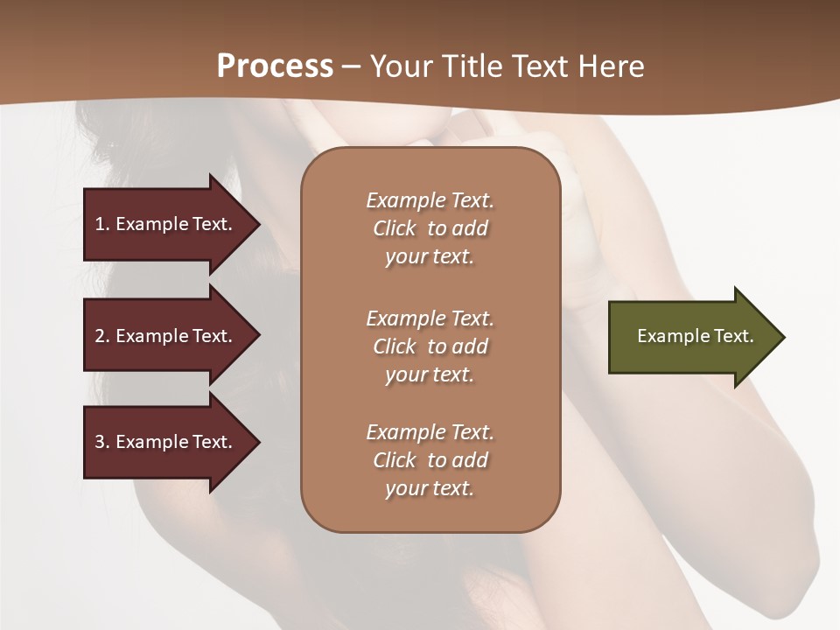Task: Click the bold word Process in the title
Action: coord(275,66)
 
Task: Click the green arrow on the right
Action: coord(691,337)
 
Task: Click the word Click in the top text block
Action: coord(395,228)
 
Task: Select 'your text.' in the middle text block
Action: coord(430,374)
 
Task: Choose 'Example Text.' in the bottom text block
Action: coord(430,432)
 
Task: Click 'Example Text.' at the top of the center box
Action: coord(430,200)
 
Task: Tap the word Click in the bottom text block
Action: coord(395,460)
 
